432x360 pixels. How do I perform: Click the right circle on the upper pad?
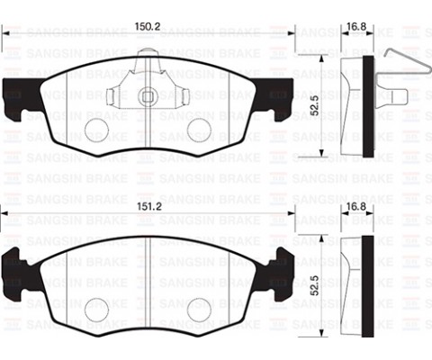pos(199,129)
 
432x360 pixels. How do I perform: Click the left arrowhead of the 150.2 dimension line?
pos(5,35)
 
